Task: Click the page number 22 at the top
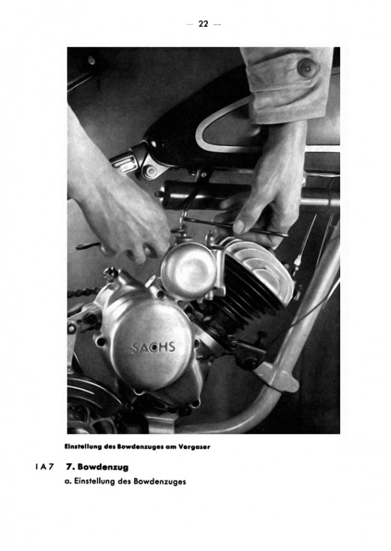(x=203, y=24)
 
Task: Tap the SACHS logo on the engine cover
(x=154, y=348)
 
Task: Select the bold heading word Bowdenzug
(x=103, y=467)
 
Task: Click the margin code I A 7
(x=45, y=468)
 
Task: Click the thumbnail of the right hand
(x=241, y=227)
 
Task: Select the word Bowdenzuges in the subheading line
(x=160, y=481)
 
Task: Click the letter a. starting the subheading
(x=68, y=481)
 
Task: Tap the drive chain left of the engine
(x=85, y=293)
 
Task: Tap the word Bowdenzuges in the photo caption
(x=141, y=447)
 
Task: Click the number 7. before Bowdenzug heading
(x=70, y=467)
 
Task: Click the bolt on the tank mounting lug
(x=151, y=171)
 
